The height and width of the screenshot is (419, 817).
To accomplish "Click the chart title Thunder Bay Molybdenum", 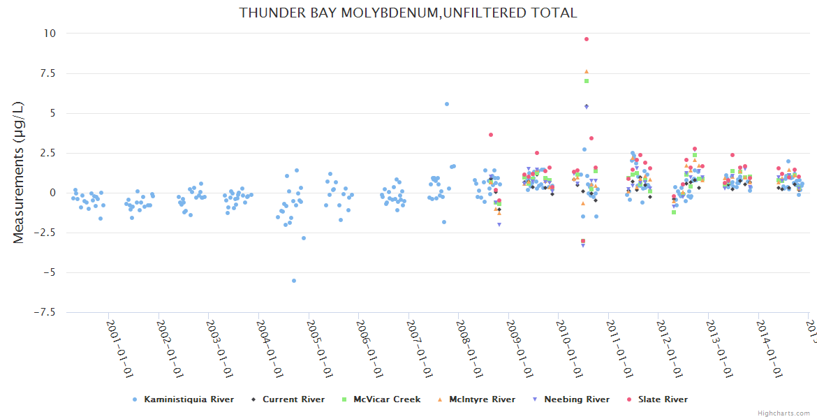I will click(408, 13).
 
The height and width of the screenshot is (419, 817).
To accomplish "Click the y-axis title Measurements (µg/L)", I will click(19, 172).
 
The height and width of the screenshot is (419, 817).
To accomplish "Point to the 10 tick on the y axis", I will click(50, 34).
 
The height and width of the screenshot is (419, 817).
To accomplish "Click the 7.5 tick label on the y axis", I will click(47, 73).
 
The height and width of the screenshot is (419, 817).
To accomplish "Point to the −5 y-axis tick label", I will click(47, 272).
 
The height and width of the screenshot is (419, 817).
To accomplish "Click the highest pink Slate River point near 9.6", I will click(587, 39).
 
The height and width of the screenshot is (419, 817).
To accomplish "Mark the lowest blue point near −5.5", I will click(294, 281).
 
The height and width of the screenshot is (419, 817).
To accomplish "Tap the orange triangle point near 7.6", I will click(587, 71).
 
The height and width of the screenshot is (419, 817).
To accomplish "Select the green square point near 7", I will click(587, 81).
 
